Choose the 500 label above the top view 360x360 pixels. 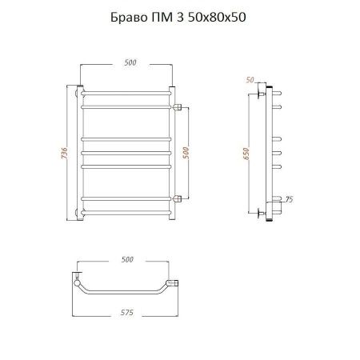[127, 260]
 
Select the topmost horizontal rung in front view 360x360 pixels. [126, 92]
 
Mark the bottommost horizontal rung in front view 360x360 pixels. [126, 211]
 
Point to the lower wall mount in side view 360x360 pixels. [262, 212]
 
